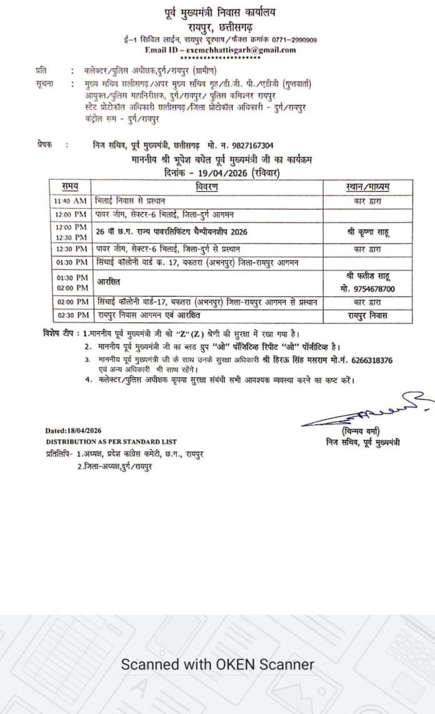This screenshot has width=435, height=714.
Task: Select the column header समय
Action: point(70,186)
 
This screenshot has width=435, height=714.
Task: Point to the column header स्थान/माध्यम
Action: point(371,186)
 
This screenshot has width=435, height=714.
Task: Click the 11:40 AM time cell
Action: point(70,201)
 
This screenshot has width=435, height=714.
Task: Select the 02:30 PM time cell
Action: point(70,316)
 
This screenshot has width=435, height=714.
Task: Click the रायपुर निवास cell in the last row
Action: point(371,316)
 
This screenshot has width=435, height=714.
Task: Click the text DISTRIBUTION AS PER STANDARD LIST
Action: point(111,441)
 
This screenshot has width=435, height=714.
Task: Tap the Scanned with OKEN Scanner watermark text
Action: point(217,665)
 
